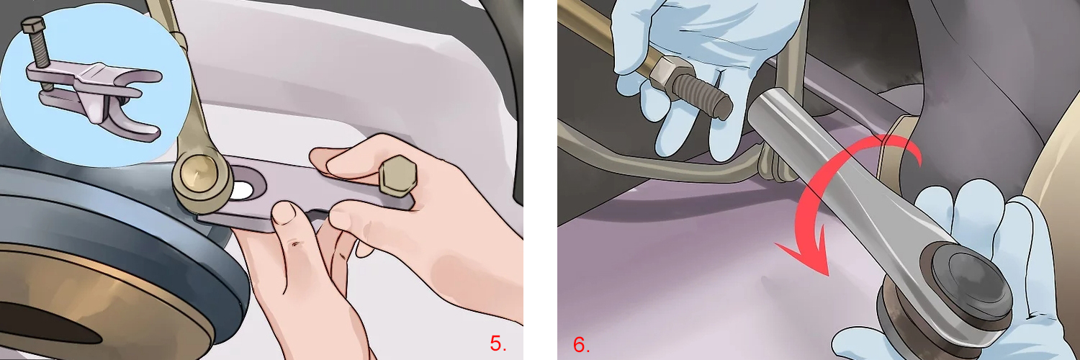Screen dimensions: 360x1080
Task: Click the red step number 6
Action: tap(581, 344)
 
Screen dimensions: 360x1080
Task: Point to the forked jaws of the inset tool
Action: tap(137, 108)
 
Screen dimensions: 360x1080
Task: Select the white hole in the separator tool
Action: tap(243, 192)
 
